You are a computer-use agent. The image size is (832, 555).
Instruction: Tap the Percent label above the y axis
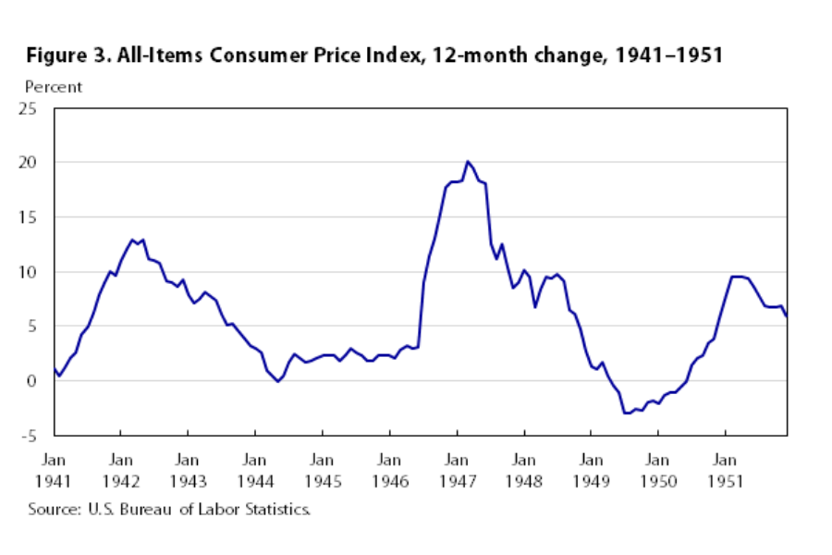tap(54, 87)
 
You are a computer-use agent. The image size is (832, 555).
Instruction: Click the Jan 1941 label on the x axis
tap(54, 470)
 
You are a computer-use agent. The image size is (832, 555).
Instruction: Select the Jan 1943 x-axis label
tap(188, 470)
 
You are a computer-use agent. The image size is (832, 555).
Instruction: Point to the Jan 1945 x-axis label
tap(322, 470)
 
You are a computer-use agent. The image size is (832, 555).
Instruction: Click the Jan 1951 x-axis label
tap(725, 470)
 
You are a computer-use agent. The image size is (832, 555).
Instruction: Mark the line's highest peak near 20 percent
tap(468, 162)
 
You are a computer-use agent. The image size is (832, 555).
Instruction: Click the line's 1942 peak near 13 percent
tap(133, 240)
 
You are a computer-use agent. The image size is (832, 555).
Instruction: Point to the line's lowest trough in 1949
tap(627, 413)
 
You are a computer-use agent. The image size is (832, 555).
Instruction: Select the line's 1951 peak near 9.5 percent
tap(736, 277)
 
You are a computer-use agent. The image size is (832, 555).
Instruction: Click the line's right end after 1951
tap(787, 316)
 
